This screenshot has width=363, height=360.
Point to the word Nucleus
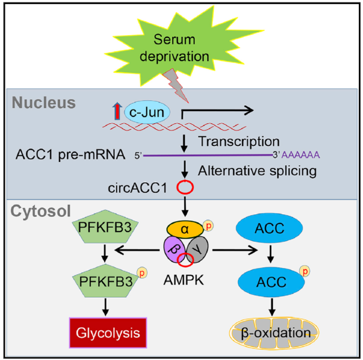(x=43, y=103)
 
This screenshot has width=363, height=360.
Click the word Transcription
(x=239, y=141)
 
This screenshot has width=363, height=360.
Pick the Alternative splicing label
(x=257, y=171)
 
